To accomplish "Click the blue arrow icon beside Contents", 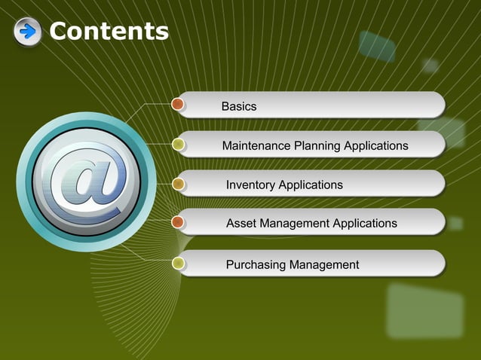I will pos(28,32).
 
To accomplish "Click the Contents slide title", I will pos(109,32).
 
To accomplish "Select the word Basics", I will pos(239,106).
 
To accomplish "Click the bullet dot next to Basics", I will pos(179,103).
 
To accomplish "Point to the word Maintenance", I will pos(256,145).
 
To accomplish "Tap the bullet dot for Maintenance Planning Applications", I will pos(179,143).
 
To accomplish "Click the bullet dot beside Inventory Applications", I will pos(179,183).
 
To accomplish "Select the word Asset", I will pos(241,223).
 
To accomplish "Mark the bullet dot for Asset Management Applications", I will pos(179,222).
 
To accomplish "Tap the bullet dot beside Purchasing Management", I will pos(179,263).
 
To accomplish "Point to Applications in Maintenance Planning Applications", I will pos(376,145).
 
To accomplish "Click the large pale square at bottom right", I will pos(424,310).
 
